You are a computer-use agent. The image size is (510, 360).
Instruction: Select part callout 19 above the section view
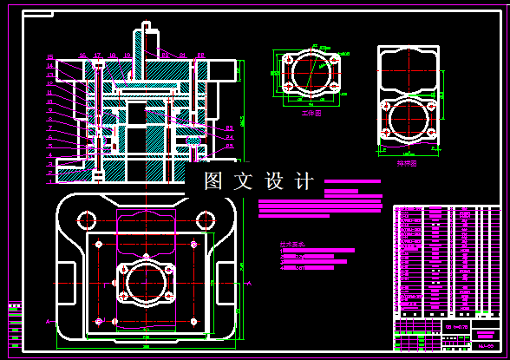[x=127, y=56]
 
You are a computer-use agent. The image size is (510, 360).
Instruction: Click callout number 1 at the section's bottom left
[x=51, y=162]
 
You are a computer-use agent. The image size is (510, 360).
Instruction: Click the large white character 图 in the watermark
[x=214, y=181]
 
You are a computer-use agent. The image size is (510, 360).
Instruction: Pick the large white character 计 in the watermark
[x=304, y=181]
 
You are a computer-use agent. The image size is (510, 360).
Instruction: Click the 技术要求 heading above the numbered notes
[x=293, y=245]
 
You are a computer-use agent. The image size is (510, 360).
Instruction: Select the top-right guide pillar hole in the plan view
[x=208, y=218]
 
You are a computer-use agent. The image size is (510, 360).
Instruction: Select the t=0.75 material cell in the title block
[x=460, y=327]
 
